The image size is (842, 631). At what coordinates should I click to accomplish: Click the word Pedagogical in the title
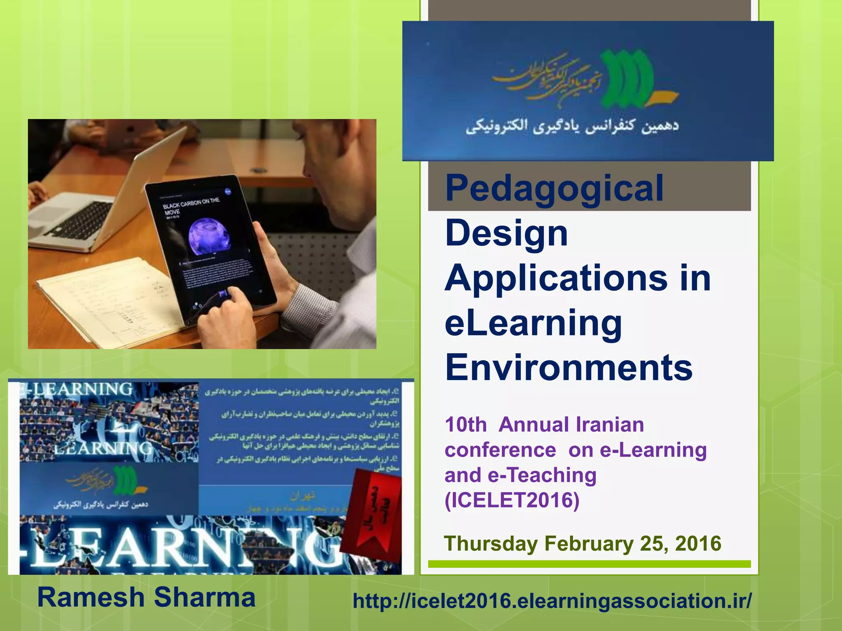pos(554,189)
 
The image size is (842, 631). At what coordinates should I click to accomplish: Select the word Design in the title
pos(507,233)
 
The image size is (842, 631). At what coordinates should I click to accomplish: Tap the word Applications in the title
pos(556,279)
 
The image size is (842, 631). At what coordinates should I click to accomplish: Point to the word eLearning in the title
pos(533,323)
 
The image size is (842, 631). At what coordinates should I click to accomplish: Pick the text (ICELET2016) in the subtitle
pos(512,500)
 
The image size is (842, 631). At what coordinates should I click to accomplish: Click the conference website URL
pos(552,601)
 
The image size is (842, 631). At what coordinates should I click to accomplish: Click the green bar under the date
pos(589,564)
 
